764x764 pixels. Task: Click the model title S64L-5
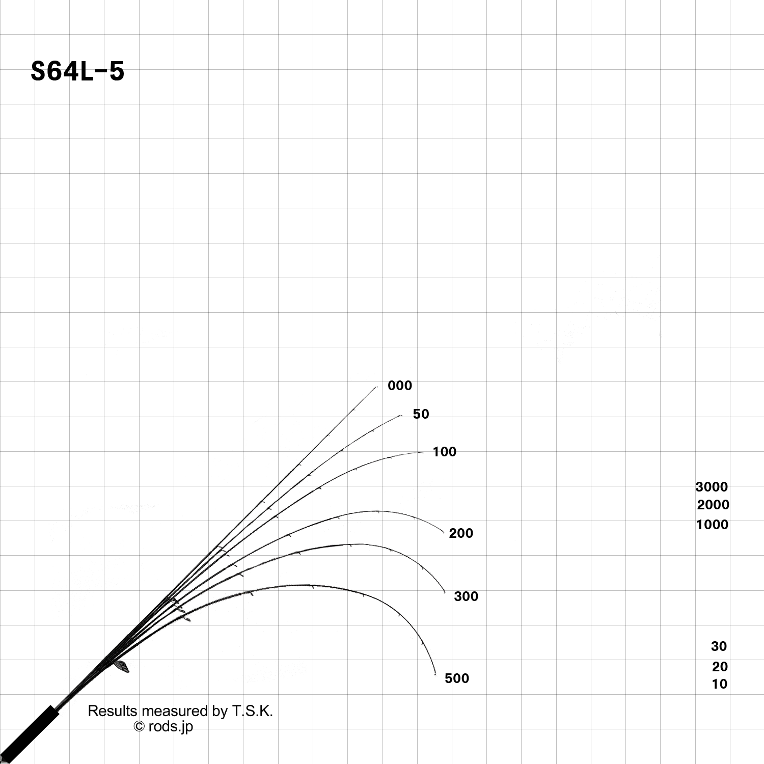coord(77,71)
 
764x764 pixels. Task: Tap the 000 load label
coord(400,386)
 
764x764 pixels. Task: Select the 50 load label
coord(421,414)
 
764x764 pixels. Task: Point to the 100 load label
coord(445,452)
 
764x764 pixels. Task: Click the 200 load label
coord(461,533)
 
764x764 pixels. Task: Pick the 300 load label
coord(466,596)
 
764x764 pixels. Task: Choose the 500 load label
coord(457,678)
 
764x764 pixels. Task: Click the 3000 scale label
coord(712,487)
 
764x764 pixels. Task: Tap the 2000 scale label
coord(713,505)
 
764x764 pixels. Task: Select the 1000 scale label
coord(712,525)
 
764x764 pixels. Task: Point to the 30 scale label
coord(719,646)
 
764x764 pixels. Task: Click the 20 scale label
coord(720,667)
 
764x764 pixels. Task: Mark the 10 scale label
coord(719,684)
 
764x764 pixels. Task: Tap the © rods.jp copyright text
coord(163,726)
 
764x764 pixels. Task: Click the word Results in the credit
coord(113,711)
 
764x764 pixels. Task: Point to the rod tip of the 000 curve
coord(377,387)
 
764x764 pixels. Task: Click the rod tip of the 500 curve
coord(436,676)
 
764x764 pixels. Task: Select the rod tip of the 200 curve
coord(444,533)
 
